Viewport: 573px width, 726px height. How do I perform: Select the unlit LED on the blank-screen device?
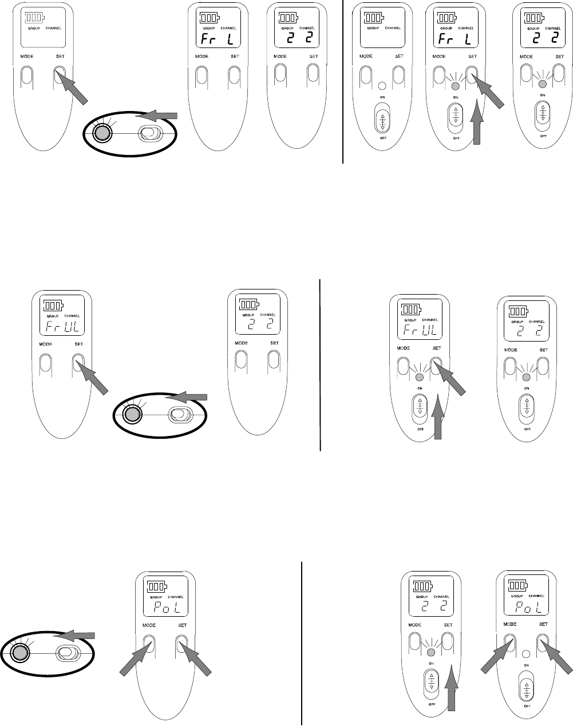point(382,86)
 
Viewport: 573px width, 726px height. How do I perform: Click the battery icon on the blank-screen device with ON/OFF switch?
point(375,17)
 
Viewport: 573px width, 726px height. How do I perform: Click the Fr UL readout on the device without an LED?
point(61,327)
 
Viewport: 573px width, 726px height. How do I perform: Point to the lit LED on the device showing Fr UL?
point(420,378)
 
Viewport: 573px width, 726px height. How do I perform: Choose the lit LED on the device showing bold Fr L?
point(456,86)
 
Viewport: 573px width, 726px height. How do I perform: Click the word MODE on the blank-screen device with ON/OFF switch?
point(366,57)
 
